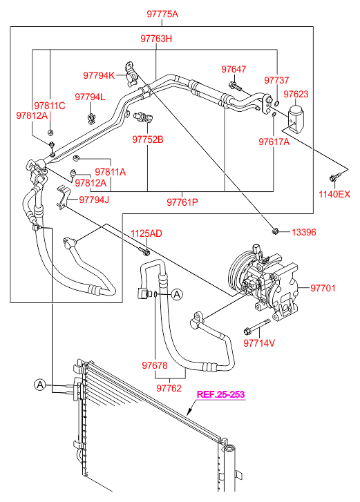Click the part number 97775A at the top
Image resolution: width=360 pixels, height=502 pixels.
162,14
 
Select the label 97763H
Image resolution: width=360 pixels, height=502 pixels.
156,39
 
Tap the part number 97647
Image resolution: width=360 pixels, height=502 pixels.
234,69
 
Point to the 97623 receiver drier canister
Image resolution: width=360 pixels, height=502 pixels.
296,117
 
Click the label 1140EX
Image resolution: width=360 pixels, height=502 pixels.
334,194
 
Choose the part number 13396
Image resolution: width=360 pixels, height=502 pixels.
303,232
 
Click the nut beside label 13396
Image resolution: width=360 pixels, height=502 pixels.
275,231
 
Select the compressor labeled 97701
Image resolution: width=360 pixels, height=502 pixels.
263,284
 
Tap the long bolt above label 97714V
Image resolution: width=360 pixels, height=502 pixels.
257,327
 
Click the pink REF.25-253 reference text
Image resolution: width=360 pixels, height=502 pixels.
220,394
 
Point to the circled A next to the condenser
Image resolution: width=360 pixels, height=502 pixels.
39,385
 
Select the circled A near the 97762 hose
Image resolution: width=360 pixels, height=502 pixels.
177,293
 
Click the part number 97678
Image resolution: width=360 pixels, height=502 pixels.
155,365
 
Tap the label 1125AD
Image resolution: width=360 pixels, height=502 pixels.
146,233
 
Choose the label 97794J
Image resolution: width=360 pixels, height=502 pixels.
94,200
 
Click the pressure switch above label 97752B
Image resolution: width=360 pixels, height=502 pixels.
144,117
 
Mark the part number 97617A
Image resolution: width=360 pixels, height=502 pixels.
274,142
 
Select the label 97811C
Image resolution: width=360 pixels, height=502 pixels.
50,106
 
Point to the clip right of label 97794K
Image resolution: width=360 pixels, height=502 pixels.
131,73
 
